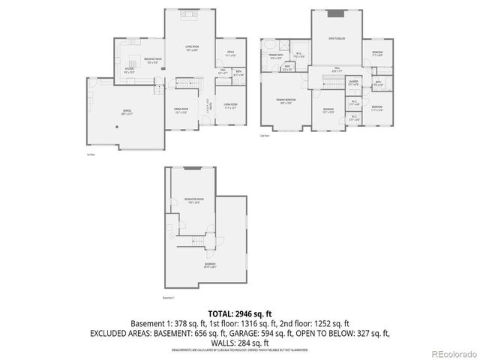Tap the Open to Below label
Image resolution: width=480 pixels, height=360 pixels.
(336, 37)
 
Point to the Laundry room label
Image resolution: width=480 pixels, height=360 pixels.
(353, 84)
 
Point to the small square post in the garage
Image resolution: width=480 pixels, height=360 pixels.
(117, 127)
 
